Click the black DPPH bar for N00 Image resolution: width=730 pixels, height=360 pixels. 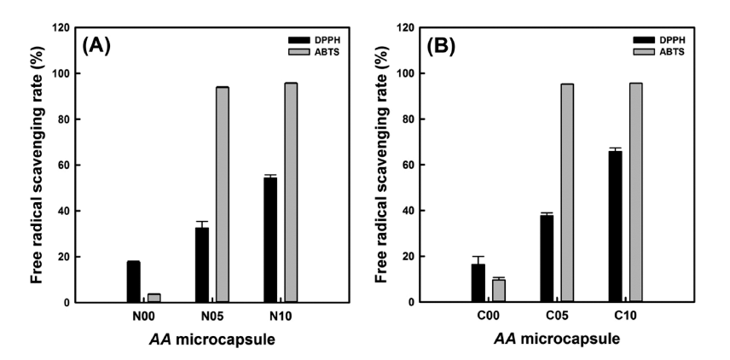tap(134, 282)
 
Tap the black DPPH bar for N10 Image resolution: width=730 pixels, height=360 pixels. tap(270, 240)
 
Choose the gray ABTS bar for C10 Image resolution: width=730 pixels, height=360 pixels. tap(635, 192)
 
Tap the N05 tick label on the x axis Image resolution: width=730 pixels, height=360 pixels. tap(212, 316)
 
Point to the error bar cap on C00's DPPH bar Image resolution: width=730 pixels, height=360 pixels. tap(478, 256)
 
